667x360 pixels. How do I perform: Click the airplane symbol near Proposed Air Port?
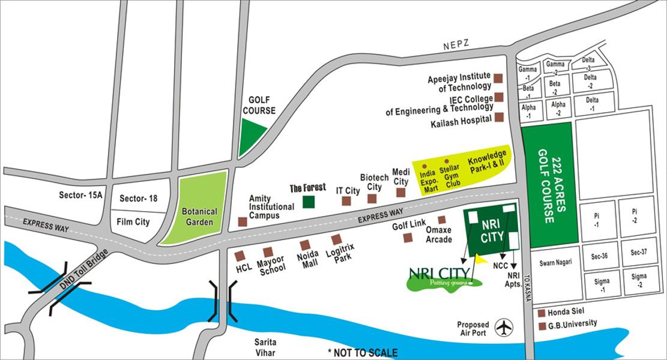click(x=504, y=328)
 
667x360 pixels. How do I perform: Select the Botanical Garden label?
click(x=201, y=216)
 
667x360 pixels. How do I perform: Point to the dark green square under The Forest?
click(x=309, y=202)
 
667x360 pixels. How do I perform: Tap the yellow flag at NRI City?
click(x=481, y=260)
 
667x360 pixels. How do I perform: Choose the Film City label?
click(x=134, y=222)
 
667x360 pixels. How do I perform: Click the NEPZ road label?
click(x=456, y=45)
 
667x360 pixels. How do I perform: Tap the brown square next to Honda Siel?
click(x=542, y=313)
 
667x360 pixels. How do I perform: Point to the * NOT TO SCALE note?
click(x=362, y=352)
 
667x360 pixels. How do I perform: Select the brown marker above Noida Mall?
click(x=305, y=245)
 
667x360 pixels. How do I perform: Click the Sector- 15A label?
click(x=81, y=196)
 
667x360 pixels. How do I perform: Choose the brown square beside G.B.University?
click(x=542, y=326)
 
